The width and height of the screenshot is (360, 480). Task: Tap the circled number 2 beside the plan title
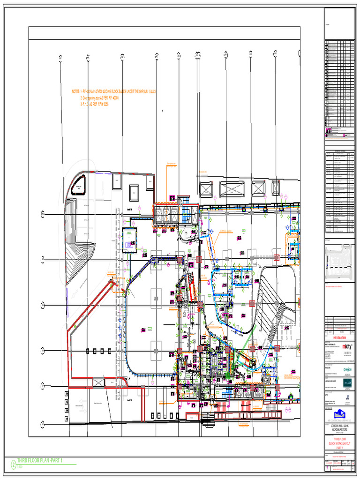13,464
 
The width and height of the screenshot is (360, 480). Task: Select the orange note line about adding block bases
113,92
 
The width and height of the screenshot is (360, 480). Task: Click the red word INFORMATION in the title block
339,337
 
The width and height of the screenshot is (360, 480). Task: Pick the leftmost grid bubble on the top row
60,58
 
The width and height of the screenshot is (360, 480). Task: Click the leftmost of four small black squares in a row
87,351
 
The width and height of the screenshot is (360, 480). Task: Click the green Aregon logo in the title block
348,370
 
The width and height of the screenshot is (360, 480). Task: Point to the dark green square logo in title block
347,383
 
